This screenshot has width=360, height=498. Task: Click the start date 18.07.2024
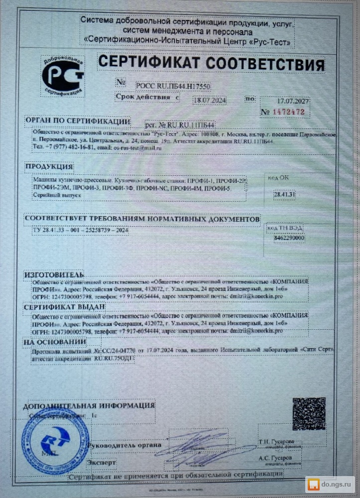[209, 100]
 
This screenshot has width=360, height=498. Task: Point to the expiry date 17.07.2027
[293, 101]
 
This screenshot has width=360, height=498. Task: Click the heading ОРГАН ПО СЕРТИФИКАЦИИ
[78, 122]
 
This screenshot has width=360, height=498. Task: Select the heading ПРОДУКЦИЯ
[49, 166]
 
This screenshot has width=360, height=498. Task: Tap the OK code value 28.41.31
[284, 194]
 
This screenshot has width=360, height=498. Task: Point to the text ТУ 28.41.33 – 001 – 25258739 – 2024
[73, 232]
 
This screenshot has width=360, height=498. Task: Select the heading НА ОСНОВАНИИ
[55, 342]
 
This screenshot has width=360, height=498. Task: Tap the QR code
[308, 413]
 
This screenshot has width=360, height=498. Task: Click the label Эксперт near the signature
[102, 463]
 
